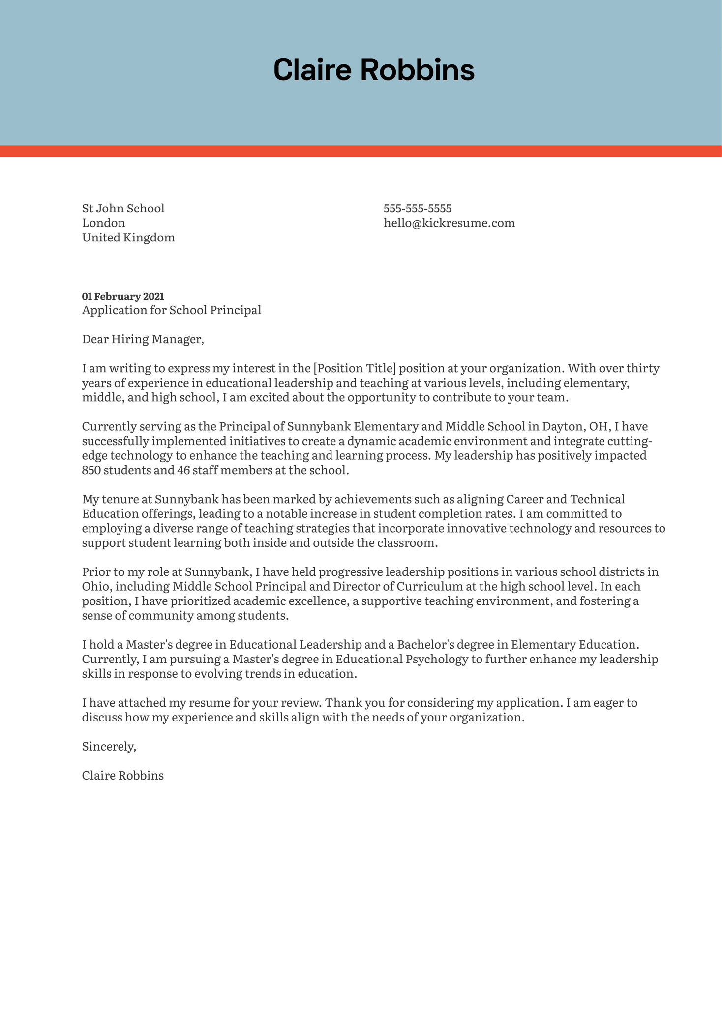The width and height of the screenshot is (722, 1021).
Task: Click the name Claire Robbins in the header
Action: tap(374, 69)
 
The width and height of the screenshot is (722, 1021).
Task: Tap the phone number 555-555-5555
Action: tap(418, 209)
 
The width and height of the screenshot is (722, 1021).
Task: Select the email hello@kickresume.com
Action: tap(449, 223)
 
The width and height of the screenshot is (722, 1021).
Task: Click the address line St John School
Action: tap(123, 209)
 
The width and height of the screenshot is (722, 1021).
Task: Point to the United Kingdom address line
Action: tap(128, 238)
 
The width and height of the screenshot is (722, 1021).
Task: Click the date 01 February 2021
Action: tap(123, 296)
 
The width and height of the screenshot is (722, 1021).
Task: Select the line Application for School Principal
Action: tap(172, 310)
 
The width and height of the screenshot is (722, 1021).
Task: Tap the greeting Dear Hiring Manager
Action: tap(143, 339)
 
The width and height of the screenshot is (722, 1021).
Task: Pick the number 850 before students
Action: tap(91, 470)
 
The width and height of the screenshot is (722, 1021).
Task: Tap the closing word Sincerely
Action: tap(109, 747)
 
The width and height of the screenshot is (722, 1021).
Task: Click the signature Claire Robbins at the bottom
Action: tap(123, 776)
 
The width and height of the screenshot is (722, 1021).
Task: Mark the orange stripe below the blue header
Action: tap(361, 151)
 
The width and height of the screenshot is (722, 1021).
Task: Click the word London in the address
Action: tap(104, 223)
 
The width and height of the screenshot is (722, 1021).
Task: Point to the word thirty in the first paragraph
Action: tap(642, 368)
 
